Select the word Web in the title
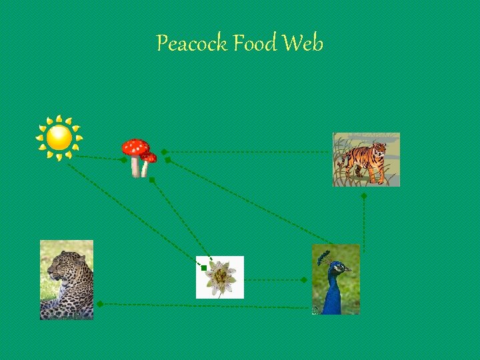click(303, 44)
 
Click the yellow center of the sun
click(59, 137)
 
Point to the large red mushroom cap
click(135, 147)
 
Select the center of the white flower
click(219, 276)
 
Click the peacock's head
click(337, 268)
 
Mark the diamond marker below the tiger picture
click(364, 197)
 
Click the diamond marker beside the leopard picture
click(99, 304)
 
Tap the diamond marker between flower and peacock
click(303, 281)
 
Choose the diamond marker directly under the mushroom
click(151, 180)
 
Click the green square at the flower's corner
click(203, 267)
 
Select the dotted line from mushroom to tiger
click(247, 152)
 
